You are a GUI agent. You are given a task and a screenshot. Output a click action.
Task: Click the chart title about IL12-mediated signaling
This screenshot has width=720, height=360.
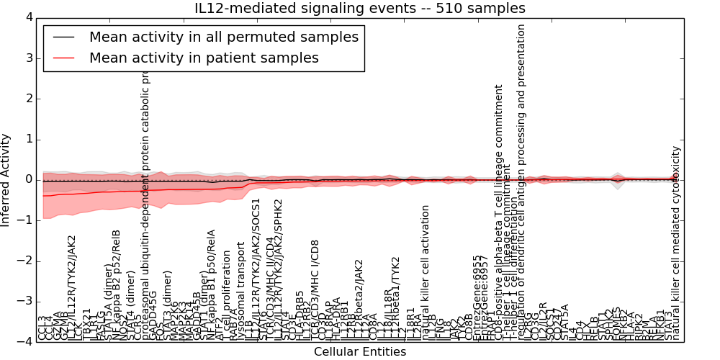click(x=360, y=8)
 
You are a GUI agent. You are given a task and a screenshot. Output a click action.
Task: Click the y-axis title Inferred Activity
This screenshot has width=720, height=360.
click(x=6, y=179)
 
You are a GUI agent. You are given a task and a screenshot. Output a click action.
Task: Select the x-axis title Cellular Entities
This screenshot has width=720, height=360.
click(x=360, y=352)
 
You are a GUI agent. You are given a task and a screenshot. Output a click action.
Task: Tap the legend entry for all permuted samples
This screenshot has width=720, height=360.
click(x=223, y=37)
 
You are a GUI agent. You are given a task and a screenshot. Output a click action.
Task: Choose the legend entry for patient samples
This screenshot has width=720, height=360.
click(x=204, y=58)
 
